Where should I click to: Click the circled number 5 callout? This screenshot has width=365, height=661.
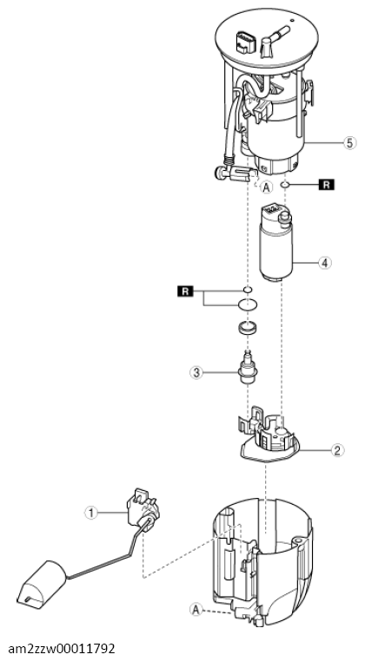[x=349, y=143]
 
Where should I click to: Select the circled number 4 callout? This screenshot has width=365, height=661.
[x=324, y=263]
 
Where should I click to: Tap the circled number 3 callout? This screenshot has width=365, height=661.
[x=196, y=372]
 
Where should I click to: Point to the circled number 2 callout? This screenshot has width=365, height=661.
[x=336, y=451]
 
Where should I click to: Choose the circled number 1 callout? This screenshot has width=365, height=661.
[x=90, y=513]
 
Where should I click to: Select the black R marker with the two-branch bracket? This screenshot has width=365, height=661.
[x=186, y=291]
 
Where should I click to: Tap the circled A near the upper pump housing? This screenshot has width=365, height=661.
[x=266, y=187]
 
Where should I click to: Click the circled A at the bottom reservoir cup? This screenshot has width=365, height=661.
[x=196, y=609]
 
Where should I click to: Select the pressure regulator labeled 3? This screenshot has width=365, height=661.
[x=246, y=366]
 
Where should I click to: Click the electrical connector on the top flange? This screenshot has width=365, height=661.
[x=243, y=42]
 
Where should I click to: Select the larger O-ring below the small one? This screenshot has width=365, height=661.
[x=248, y=304]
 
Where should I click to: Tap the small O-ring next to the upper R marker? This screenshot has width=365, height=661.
[x=248, y=289]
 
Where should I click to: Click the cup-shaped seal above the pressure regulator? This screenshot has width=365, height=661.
[x=248, y=327]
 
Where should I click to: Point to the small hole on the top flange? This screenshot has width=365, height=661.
[x=291, y=20]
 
